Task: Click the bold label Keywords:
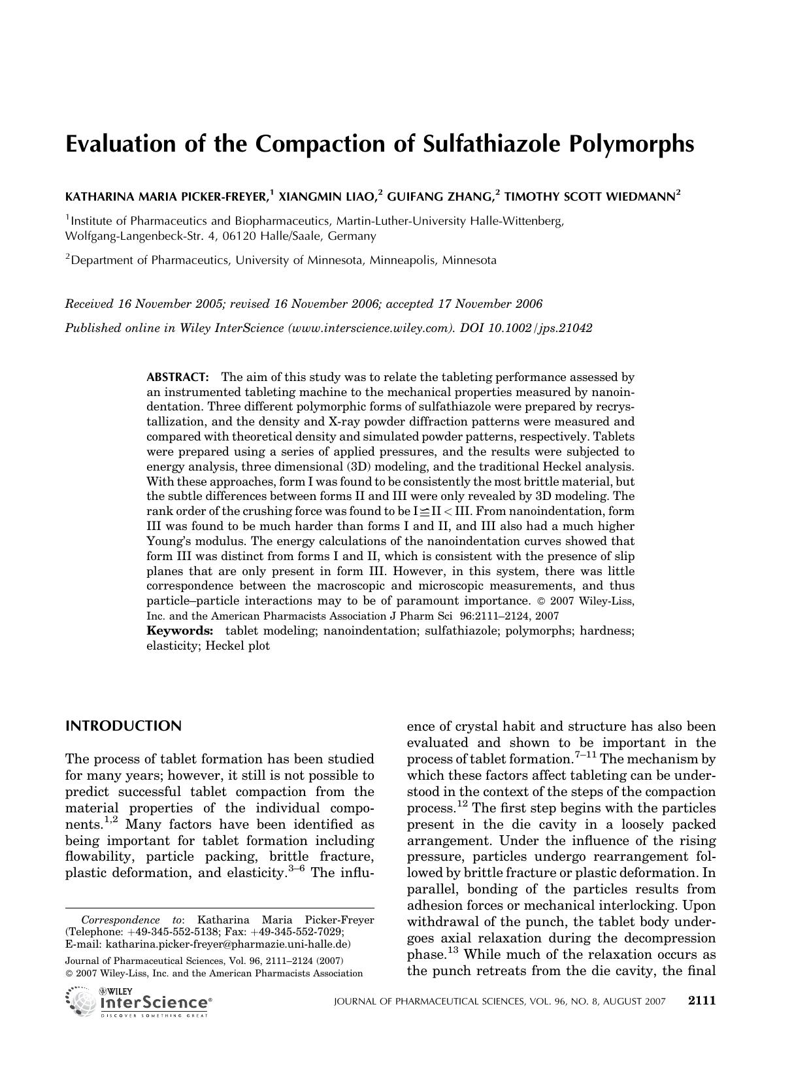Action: point(180,631)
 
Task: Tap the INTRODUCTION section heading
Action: point(124,726)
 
